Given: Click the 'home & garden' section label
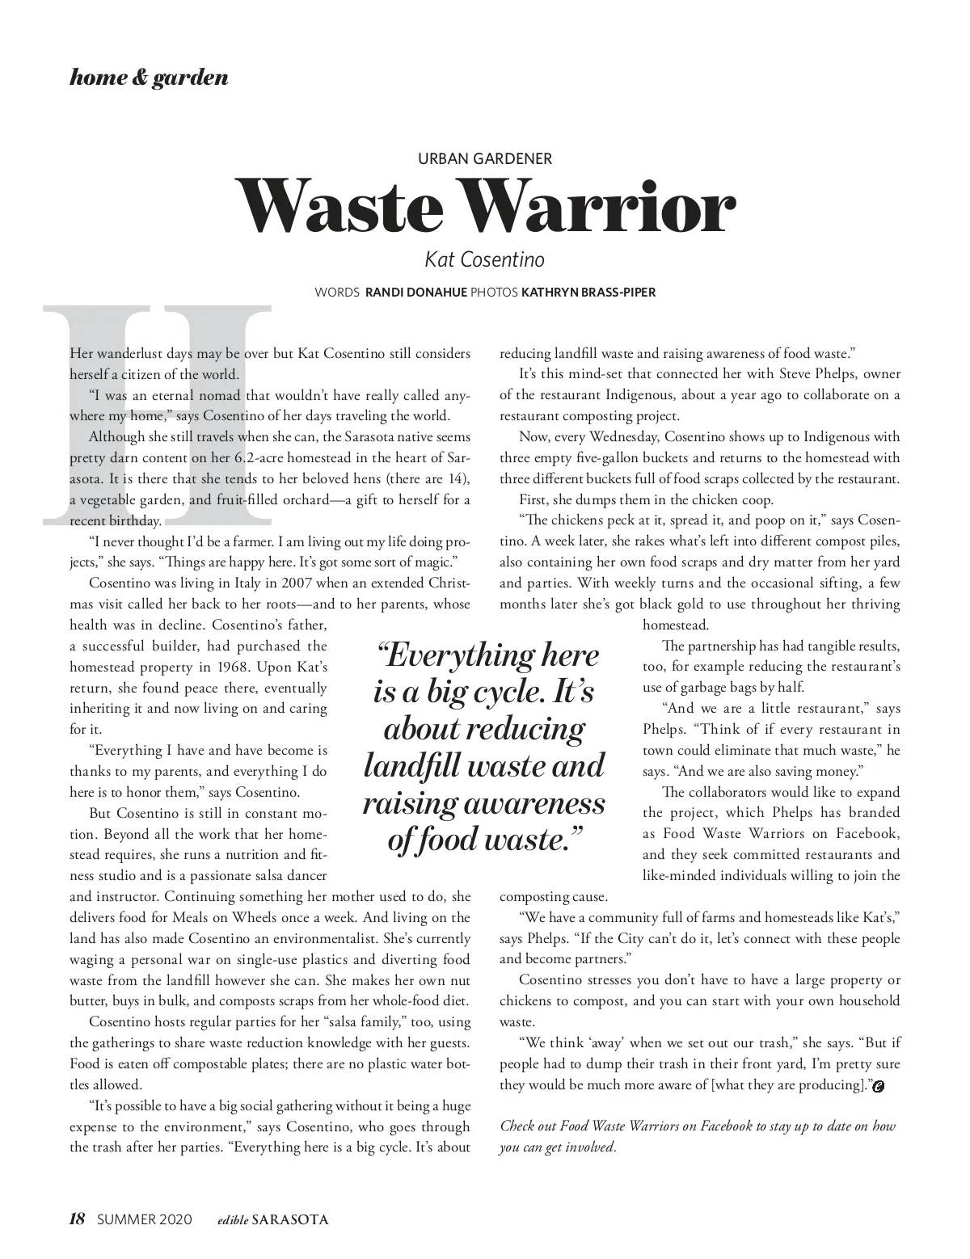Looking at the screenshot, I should coord(149,78).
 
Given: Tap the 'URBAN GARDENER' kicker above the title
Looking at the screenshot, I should coord(484,159).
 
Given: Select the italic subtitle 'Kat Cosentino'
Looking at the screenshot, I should coord(484,259).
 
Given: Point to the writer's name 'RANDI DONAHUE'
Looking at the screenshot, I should coord(416,293).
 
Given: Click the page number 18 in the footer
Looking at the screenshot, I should coord(78,1219).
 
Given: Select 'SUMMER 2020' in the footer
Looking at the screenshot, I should coord(145,1219).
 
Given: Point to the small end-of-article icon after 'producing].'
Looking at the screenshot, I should coord(879,1086).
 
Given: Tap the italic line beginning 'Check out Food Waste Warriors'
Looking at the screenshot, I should coord(698,1126).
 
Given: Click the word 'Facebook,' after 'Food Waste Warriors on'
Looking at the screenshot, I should coord(867,834).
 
